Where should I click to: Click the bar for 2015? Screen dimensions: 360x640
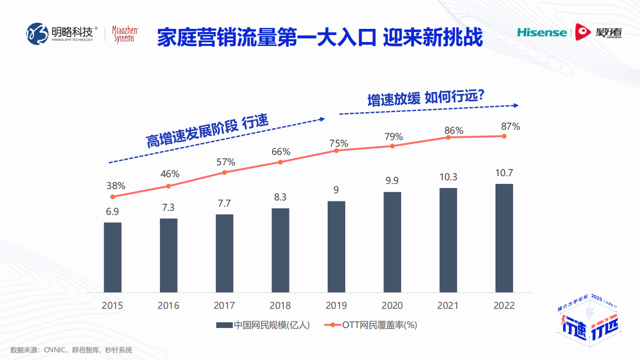point(113,257)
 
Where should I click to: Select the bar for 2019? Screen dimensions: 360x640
point(336,246)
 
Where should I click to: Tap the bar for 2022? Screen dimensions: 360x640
point(504,238)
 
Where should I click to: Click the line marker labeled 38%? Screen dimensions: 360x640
point(113,197)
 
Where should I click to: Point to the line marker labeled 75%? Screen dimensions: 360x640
point(336,150)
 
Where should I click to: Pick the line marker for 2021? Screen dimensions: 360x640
point(448,137)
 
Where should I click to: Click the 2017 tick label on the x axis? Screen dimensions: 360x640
point(224,305)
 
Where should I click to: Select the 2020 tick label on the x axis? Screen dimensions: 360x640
point(392,305)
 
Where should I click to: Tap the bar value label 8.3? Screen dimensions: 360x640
point(280,197)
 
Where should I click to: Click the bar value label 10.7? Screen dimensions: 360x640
point(504,173)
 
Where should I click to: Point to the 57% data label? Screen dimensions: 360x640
point(225,162)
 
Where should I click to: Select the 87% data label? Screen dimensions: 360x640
point(510,126)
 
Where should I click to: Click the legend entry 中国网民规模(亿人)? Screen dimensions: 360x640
point(263,325)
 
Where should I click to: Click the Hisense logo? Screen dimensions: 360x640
point(541,33)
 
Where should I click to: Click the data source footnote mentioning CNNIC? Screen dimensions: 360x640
point(71,350)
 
